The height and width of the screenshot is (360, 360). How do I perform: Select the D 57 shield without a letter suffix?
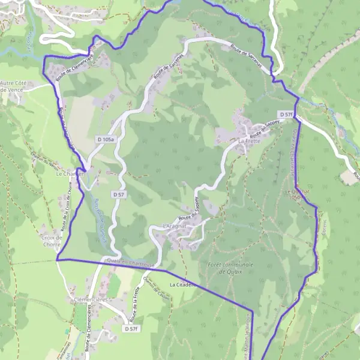118,194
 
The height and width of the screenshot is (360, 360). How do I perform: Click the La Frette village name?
249,141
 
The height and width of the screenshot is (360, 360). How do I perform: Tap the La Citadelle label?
182,284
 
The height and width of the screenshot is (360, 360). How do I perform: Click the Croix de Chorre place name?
52,241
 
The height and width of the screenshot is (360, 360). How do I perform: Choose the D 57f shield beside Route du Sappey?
286,114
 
